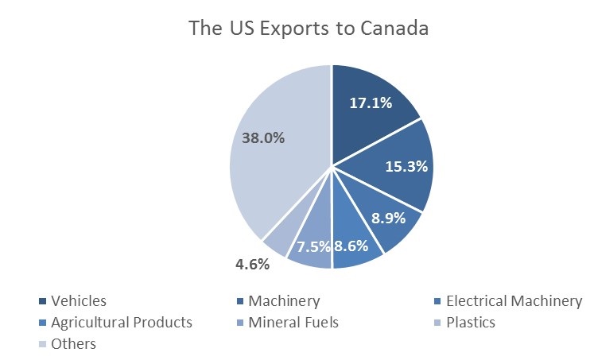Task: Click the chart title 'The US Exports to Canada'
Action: click(x=309, y=28)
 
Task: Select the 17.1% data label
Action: click(x=371, y=103)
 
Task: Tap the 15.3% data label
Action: click(x=406, y=166)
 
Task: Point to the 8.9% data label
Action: click(x=388, y=218)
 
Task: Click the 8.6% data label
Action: click(x=351, y=246)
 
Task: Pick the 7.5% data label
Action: click(x=313, y=247)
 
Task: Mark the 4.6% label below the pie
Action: click(x=252, y=264)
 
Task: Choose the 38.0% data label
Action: click(x=263, y=138)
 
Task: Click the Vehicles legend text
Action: click(x=79, y=301)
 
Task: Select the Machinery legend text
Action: click(x=284, y=301)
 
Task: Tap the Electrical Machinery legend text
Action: click(x=514, y=301)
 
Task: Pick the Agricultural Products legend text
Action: click(x=122, y=323)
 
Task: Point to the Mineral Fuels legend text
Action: click(x=293, y=323)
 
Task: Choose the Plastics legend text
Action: click(x=471, y=323)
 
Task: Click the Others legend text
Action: click(x=73, y=344)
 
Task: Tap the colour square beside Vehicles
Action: click(x=42, y=301)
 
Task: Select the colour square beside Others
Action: click(x=42, y=344)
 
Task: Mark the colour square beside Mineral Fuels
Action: click(x=240, y=323)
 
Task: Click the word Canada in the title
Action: click(x=394, y=28)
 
